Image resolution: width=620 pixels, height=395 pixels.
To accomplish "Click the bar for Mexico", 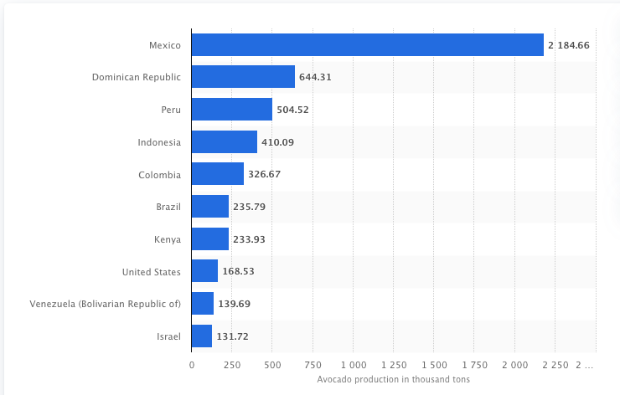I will pyautogui.click(x=367, y=44).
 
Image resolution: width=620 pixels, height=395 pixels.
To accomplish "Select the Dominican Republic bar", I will pyautogui.click(x=243, y=77).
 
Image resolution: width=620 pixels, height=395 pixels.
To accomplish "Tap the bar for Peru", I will pyautogui.click(x=231, y=109).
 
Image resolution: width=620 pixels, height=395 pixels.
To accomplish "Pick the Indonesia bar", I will pyautogui.click(x=224, y=141).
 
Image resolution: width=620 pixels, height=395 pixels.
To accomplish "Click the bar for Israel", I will pyautogui.click(x=201, y=336).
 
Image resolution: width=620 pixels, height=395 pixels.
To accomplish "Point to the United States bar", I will pyautogui.click(x=204, y=271).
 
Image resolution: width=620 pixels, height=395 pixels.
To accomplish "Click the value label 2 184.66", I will pyautogui.click(x=570, y=45).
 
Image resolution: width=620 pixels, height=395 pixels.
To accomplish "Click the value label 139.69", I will pyautogui.click(x=234, y=304).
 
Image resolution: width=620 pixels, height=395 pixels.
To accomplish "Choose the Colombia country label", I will pyautogui.click(x=159, y=174).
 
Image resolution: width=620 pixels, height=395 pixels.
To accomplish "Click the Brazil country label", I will pyautogui.click(x=168, y=207).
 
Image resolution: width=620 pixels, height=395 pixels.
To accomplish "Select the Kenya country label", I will pyautogui.click(x=168, y=239).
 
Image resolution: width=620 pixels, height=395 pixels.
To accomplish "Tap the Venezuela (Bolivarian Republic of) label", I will pyautogui.click(x=105, y=304).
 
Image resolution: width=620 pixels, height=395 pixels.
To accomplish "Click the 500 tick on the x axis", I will pyautogui.click(x=272, y=364).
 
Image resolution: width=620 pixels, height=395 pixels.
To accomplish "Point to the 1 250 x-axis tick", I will pyautogui.click(x=394, y=364).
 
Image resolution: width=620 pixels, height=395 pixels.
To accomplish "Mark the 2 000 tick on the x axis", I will pyautogui.click(x=515, y=364).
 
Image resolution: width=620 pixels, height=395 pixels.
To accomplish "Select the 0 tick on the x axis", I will pyautogui.click(x=192, y=364).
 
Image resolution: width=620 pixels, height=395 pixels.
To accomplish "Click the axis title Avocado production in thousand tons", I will pyautogui.click(x=394, y=379).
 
